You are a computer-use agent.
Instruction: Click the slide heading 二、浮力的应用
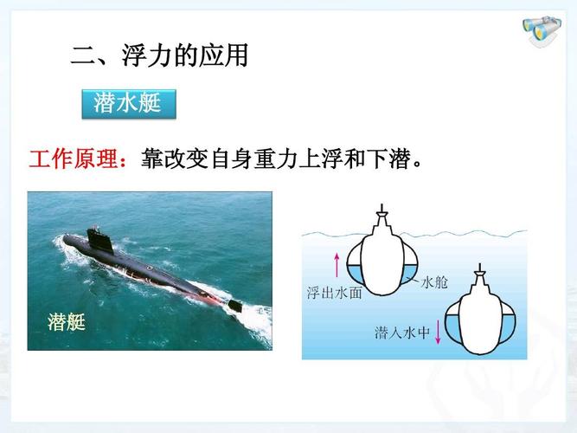159,55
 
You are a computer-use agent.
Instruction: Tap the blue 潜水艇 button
129,104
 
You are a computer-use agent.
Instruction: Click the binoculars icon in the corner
542,31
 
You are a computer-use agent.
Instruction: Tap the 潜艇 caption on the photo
67,321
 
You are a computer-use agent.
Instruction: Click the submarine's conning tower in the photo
99,240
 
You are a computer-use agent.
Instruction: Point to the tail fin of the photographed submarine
235,306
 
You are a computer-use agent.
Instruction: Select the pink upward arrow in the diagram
337,264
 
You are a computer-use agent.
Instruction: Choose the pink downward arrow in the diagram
438,332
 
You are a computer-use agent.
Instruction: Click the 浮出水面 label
335,293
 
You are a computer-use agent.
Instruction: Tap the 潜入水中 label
402,333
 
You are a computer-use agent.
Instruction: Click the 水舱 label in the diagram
434,282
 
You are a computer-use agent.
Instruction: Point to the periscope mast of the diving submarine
480,268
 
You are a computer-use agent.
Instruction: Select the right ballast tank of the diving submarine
507,324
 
